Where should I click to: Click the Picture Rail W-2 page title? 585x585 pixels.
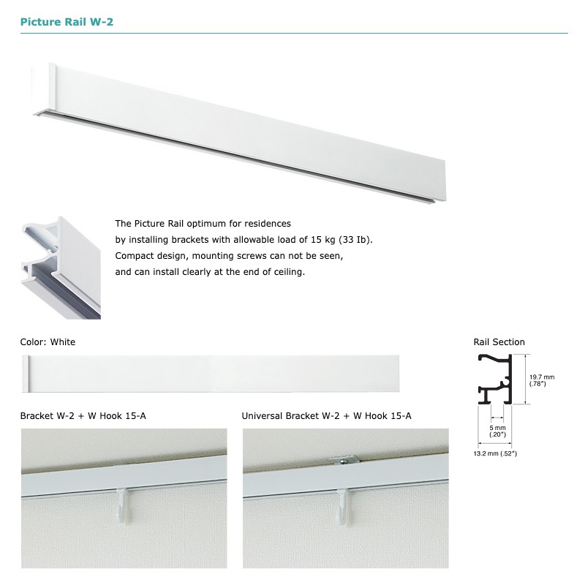(x=67, y=22)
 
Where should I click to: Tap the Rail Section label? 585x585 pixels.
(x=499, y=342)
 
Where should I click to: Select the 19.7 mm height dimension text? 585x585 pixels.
(x=542, y=380)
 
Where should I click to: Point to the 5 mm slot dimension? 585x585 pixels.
(x=498, y=431)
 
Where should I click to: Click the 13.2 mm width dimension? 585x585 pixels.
(x=495, y=453)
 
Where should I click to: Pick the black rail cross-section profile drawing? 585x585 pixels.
(x=495, y=379)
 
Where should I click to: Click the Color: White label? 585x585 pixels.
(x=48, y=342)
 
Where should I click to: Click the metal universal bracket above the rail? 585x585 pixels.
(x=344, y=461)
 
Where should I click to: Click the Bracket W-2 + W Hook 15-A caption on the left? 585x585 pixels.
(x=83, y=416)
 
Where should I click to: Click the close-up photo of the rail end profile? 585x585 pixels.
(x=61, y=268)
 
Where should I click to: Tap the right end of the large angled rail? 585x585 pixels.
(x=445, y=182)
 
